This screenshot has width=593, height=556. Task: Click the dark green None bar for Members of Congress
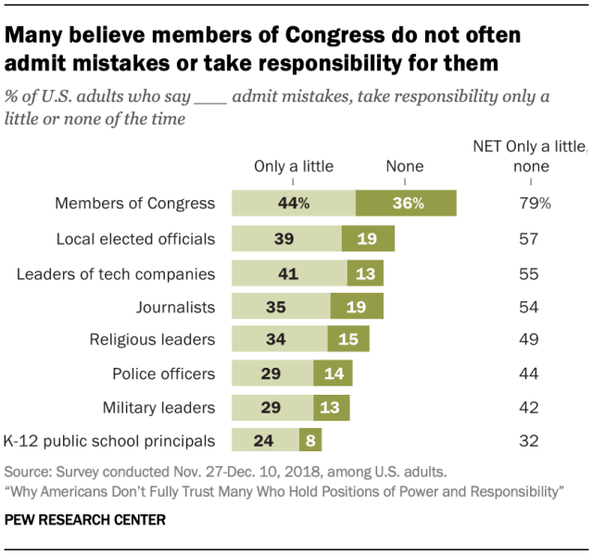coord(406,204)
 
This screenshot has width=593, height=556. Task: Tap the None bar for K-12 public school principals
coord(309,439)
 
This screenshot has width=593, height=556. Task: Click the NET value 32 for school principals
coord(529,439)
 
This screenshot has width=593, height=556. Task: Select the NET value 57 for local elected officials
coord(529,238)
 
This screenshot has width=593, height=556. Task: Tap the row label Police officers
coord(165,373)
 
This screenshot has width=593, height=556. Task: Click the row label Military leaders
coord(161,406)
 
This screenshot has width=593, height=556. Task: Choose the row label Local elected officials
coord(137,238)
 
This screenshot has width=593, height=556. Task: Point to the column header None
coord(404,167)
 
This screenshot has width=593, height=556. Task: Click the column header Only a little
coord(293,167)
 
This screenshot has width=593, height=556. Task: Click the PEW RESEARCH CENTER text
coord(85,521)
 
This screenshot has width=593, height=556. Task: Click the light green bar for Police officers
coord(272,373)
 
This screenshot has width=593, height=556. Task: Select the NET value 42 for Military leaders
coord(529,406)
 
